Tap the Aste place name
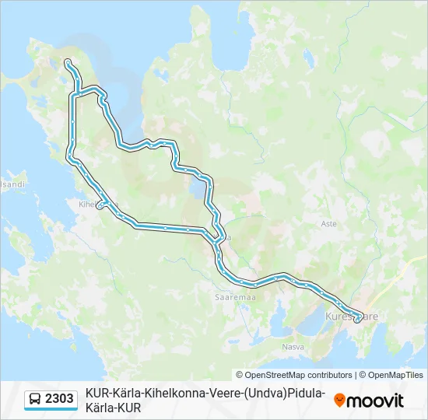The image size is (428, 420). click(329, 223)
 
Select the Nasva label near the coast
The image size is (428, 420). click(293, 346)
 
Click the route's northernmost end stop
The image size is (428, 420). click(68, 61)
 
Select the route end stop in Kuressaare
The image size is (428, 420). click(357, 320)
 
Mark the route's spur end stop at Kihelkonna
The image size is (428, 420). click(99, 207)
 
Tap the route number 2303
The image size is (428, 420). click(60, 400)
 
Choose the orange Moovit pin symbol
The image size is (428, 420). click(339, 401)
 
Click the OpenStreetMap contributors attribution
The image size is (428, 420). click(294, 375)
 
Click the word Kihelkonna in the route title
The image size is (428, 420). click(170, 394)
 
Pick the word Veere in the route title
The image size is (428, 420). click(221, 394)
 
